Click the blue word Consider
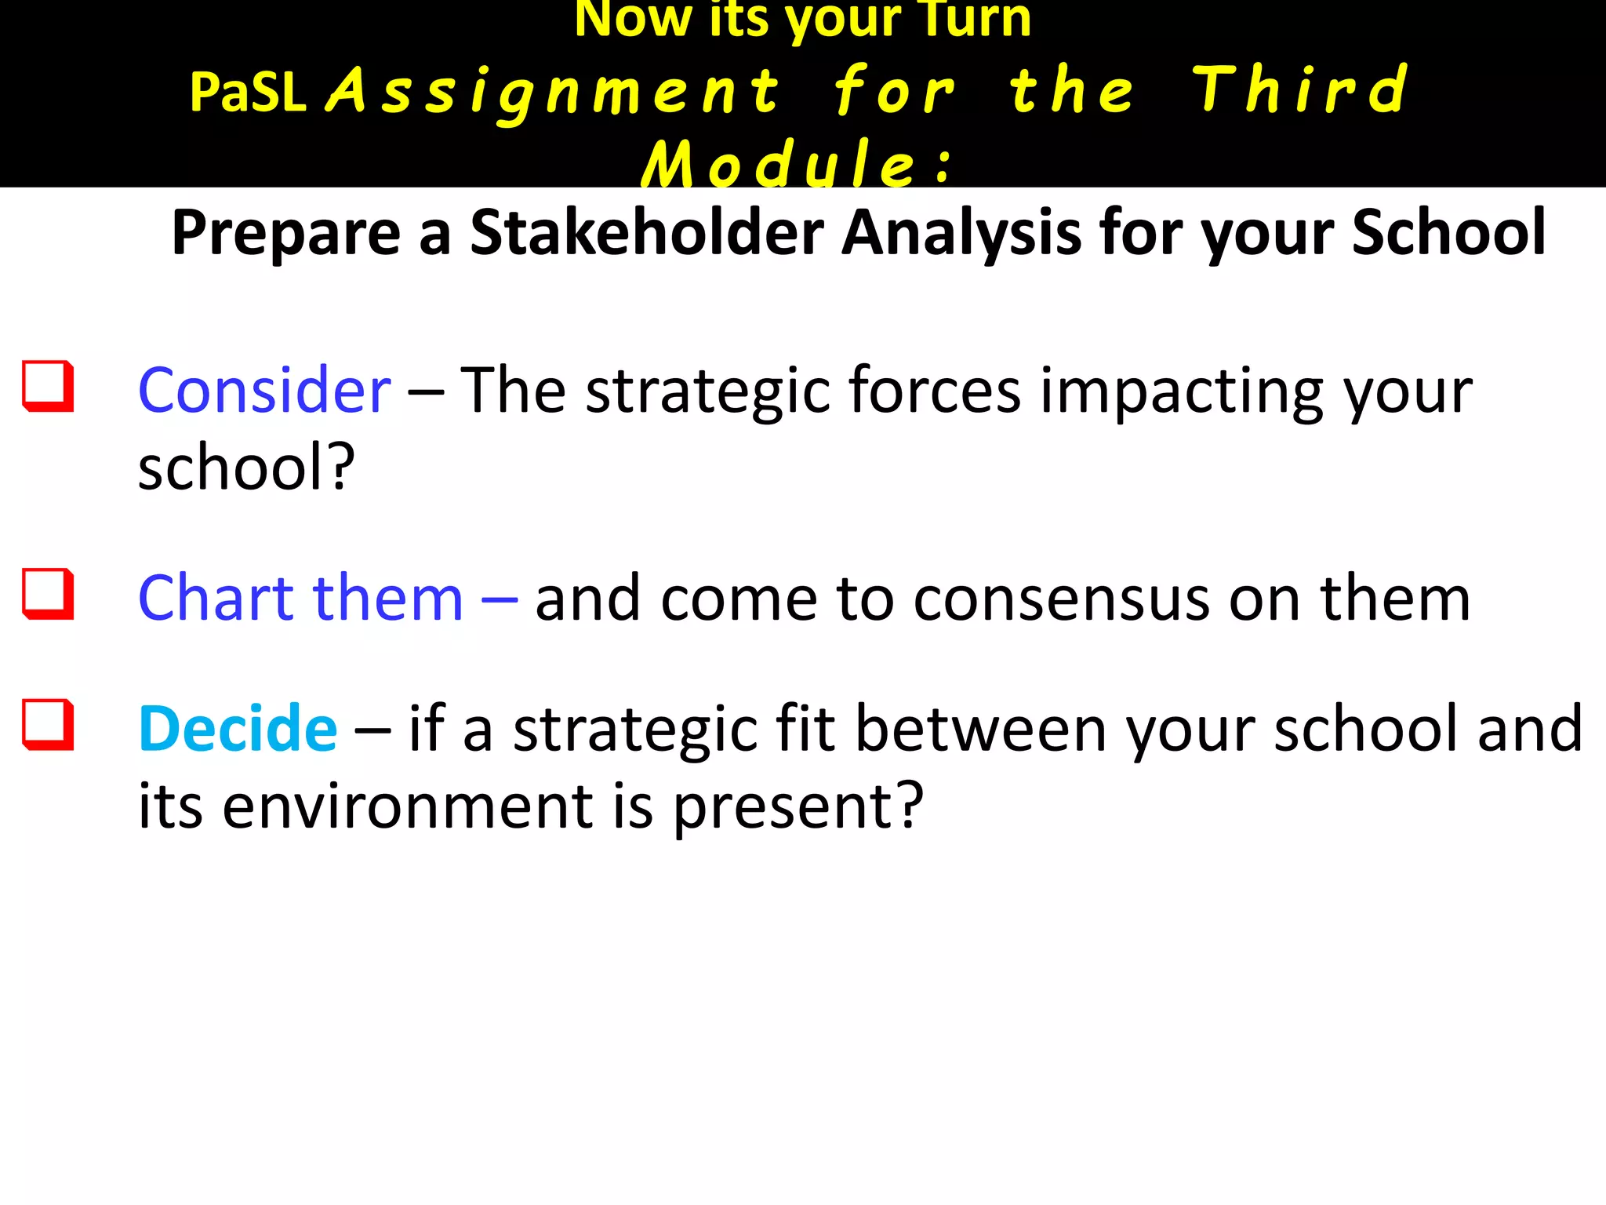[264, 390]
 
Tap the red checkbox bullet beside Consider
[48, 386]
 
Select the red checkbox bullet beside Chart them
[48, 594]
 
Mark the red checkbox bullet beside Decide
[48, 724]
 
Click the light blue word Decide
[238, 729]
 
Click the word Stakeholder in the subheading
[647, 233]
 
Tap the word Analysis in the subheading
[961, 233]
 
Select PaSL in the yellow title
[247, 93]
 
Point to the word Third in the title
[1300, 90]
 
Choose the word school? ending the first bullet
[246, 467]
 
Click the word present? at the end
[798, 807]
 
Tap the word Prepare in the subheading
[286, 233]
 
